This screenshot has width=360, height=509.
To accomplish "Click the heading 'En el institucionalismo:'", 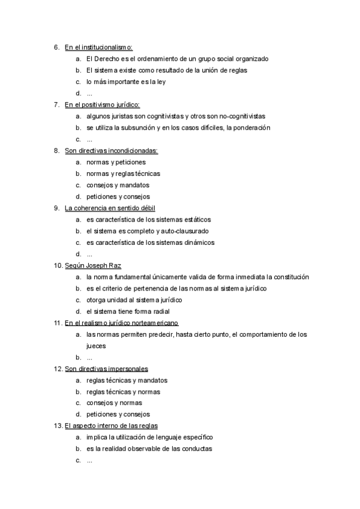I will [98, 47].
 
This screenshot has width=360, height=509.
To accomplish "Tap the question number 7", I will [56, 105].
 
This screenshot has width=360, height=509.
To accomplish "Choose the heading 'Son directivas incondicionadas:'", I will [111, 151].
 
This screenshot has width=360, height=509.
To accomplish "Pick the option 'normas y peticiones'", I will [116, 162].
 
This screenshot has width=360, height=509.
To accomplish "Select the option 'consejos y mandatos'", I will [118, 185].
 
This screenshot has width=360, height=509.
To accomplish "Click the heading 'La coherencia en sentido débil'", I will [110, 208].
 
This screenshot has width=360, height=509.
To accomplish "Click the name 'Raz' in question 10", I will [123, 265].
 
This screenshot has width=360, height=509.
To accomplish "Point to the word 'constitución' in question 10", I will [290, 277].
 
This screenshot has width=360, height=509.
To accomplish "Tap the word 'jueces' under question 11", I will [96, 346].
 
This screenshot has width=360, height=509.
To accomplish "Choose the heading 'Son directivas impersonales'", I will [106, 369].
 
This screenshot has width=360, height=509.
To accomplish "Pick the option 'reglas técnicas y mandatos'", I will [127, 380].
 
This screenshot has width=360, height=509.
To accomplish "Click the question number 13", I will [58, 426].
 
